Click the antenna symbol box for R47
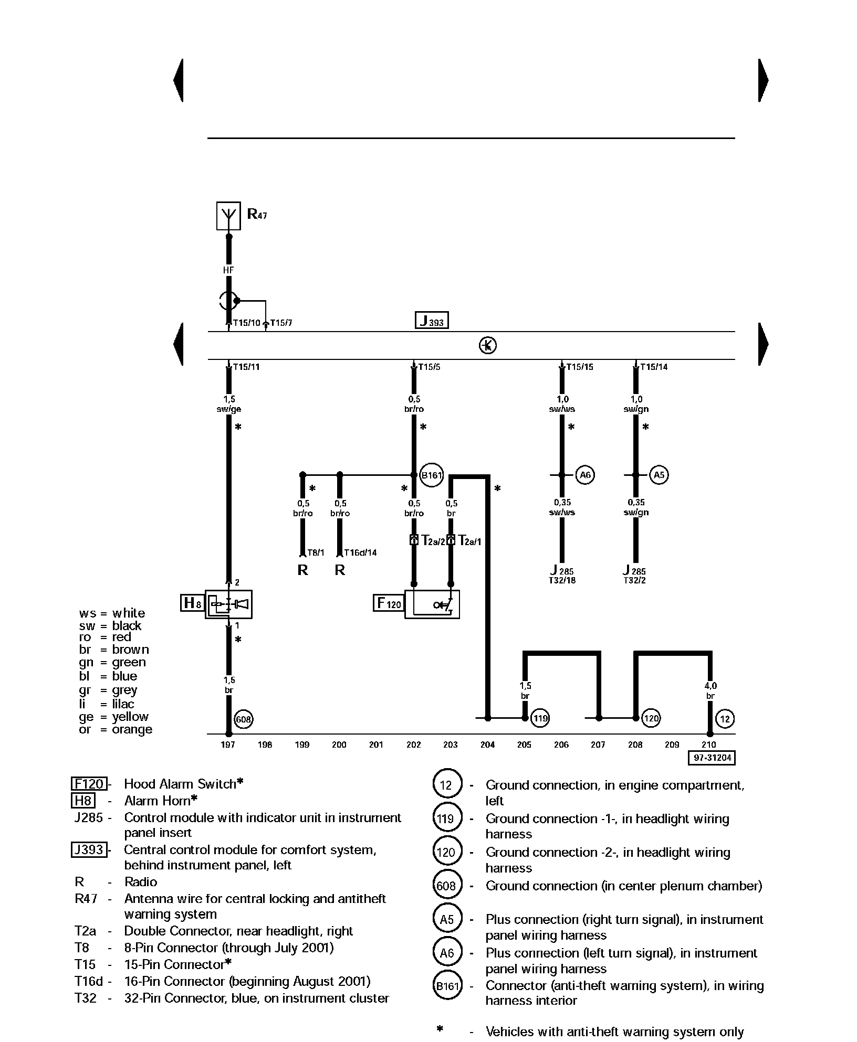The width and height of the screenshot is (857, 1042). [x=228, y=215]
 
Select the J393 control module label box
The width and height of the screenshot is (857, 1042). [x=432, y=320]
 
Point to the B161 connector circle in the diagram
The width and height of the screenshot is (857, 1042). [x=431, y=475]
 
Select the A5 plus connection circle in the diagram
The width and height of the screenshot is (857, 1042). [x=658, y=475]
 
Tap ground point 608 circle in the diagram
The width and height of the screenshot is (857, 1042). [x=243, y=719]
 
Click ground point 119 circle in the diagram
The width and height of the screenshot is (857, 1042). [x=540, y=718]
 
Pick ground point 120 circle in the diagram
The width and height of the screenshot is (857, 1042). [x=651, y=718]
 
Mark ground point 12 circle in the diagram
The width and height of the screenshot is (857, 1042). [x=725, y=718]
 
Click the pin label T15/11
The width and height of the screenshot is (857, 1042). [x=246, y=367]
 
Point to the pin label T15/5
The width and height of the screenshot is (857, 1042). [x=429, y=367]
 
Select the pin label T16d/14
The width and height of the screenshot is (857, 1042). [x=360, y=552]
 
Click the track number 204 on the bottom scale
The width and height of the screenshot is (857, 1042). [x=487, y=745]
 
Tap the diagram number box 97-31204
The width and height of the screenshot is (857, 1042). [x=712, y=758]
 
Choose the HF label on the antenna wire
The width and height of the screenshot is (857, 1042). [x=228, y=270]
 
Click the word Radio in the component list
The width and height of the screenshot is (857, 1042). [x=141, y=882]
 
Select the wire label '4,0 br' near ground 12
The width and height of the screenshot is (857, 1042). [x=710, y=691]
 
